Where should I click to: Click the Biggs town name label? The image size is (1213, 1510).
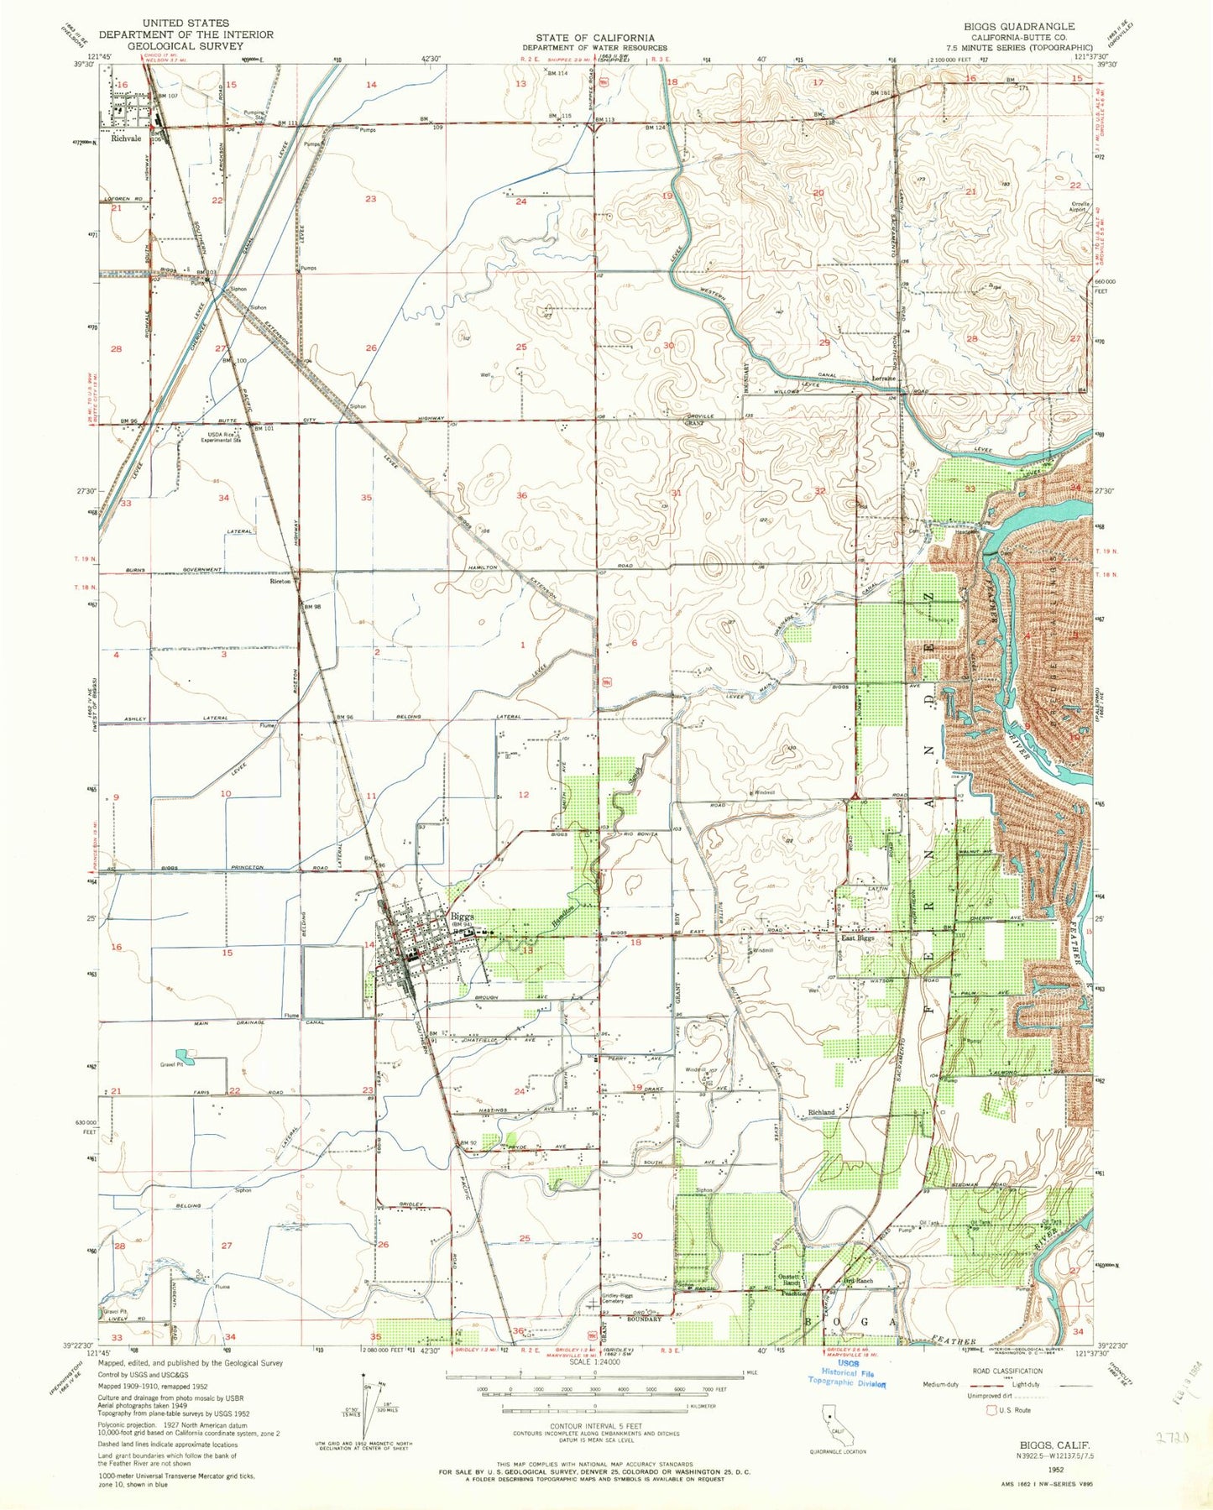tap(463, 916)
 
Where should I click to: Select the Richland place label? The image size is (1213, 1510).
tap(821, 1112)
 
